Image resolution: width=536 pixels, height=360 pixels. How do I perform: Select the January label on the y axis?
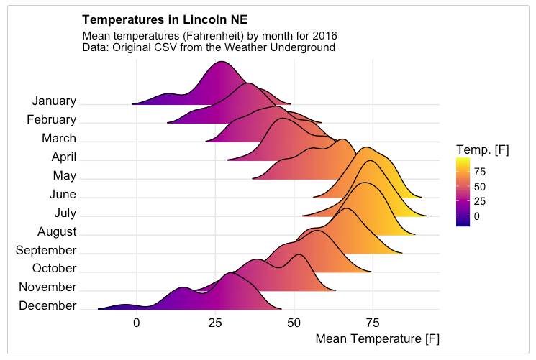tap(54, 102)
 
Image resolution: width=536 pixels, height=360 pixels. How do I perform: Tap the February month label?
tap(51, 120)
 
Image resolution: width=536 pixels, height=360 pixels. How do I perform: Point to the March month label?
tap(59, 139)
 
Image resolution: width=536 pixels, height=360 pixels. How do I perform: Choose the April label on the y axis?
tap(64, 157)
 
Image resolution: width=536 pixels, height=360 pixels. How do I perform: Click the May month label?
tap(65, 176)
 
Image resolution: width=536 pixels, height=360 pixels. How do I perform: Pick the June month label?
tap(63, 195)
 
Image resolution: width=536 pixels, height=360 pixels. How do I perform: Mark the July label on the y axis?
tap(65, 213)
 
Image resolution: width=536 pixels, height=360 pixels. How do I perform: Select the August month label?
tap(57, 232)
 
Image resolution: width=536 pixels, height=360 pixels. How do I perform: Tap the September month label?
tap(46, 251)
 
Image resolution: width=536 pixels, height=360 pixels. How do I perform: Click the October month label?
tap(54, 269)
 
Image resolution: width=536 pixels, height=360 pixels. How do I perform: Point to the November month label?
tap(47, 287)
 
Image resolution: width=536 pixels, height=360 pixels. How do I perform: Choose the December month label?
tap(48, 306)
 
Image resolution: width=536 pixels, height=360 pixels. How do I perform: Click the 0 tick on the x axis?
tap(137, 323)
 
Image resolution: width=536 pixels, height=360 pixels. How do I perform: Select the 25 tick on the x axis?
tap(215, 323)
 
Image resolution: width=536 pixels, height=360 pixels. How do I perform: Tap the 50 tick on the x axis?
tap(294, 323)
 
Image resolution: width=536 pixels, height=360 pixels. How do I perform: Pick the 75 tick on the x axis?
tap(373, 323)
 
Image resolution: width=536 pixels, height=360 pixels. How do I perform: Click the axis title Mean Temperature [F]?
tap(377, 338)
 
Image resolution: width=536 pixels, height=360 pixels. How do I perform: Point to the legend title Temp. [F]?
tap(482, 149)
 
